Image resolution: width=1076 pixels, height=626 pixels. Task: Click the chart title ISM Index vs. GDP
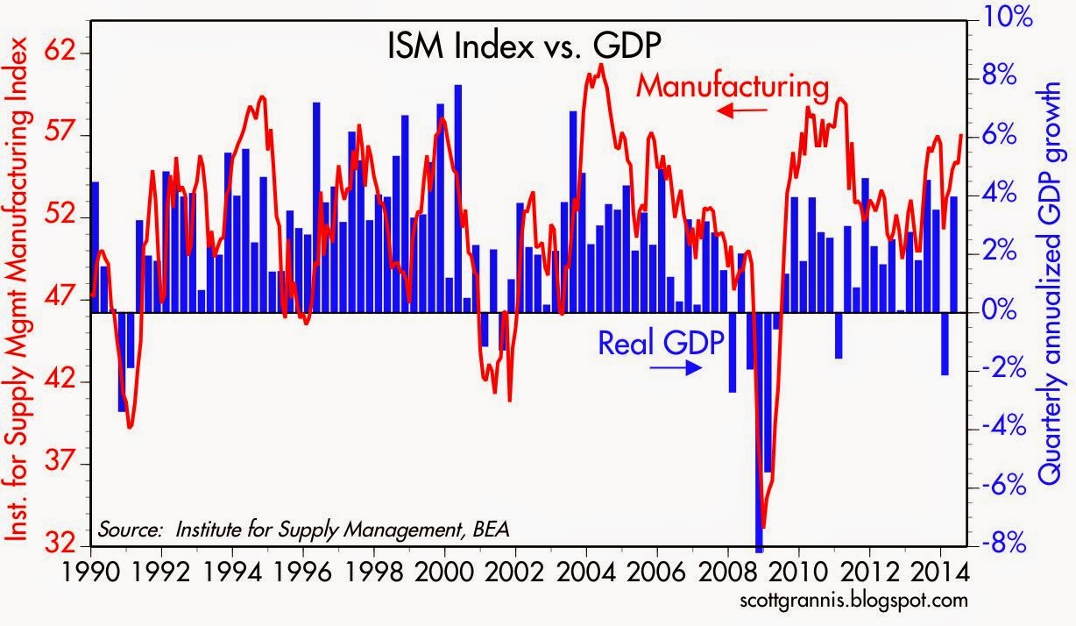point(524,46)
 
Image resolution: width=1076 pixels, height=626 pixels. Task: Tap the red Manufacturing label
point(733,87)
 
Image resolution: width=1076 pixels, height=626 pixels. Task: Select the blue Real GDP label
point(661,344)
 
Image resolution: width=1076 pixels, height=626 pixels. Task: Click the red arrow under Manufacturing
point(741,110)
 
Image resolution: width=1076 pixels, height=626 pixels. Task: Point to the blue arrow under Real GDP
point(676,368)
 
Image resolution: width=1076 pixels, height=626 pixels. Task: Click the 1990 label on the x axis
point(91,573)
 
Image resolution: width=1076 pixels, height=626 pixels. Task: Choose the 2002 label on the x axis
point(515,573)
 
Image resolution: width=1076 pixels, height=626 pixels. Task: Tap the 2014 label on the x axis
point(940,573)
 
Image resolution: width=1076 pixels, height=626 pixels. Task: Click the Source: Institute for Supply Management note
point(303,530)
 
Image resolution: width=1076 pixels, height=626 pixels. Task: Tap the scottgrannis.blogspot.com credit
point(853,601)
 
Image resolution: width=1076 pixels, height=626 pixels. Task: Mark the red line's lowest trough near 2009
point(763,528)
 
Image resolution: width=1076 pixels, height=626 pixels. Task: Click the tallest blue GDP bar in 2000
point(457,198)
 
